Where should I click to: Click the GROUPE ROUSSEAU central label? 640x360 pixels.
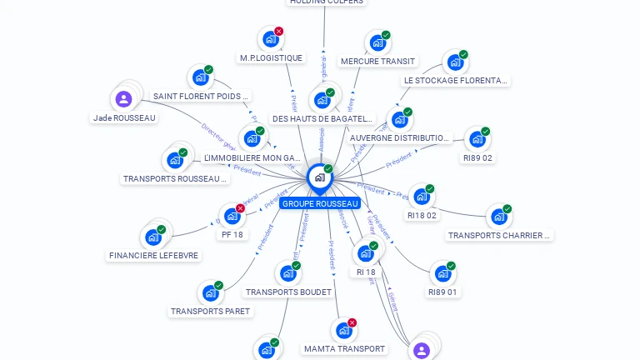(x=320, y=203)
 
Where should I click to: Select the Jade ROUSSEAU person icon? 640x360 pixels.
(x=124, y=99)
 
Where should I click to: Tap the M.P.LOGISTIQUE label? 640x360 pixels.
(x=271, y=58)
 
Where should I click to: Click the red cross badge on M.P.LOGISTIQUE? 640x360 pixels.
(x=278, y=32)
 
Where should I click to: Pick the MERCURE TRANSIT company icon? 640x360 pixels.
(x=377, y=42)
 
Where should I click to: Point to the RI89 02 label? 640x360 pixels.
(x=477, y=157)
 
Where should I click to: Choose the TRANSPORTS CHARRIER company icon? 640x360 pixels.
(x=499, y=217)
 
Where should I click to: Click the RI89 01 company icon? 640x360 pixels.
(x=442, y=273)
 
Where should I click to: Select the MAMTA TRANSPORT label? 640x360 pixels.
(x=344, y=348)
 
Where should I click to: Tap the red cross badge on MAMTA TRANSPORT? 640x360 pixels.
(x=352, y=322)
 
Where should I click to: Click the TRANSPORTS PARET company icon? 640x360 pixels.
(x=210, y=293)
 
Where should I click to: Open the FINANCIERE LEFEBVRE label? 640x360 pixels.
(x=154, y=256)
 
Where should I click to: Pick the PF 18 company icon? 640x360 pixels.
(x=232, y=216)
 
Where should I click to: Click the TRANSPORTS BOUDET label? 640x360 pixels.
(x=287, y=292)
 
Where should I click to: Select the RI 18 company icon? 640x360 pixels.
(x=365, y=253)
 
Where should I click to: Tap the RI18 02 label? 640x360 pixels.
(x=422, y=215)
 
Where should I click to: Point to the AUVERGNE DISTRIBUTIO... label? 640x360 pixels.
(x=399, y=137)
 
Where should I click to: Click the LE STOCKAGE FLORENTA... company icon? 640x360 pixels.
(x=455, y=62)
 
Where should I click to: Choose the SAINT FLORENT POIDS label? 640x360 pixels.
(x=201, y=97)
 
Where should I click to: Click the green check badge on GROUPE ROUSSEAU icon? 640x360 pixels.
(x=328, y=169)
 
